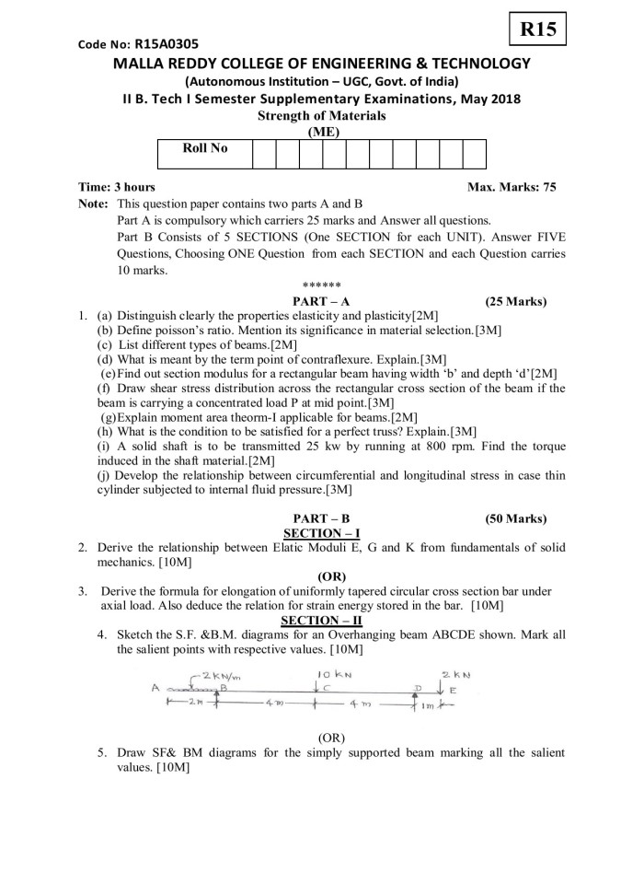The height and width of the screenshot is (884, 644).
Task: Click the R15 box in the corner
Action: click(x=537, y=29)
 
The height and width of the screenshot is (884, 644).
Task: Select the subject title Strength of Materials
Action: click(x=320, y=115)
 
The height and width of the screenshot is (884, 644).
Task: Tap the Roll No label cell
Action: click(x=205, y=147)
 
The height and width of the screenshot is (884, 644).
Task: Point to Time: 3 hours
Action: click(x=117, y=187)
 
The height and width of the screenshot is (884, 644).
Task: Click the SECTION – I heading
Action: click(x=321, y=532)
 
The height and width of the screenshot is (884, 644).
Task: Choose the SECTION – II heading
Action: click(x=321, y=621)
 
